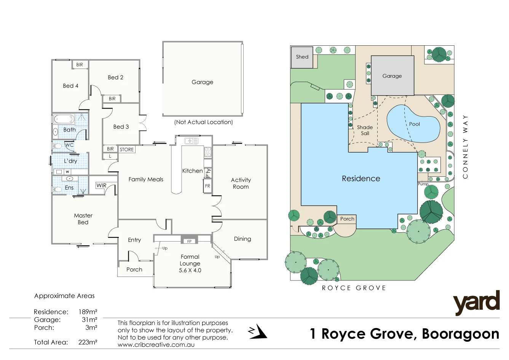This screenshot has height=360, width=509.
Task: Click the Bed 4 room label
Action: pyautogui.click(x=70, y=86)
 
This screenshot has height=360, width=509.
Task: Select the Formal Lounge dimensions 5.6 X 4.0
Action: pyautogui.click(x=190, y=270)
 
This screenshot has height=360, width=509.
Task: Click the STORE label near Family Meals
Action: pyautogui.click(x=127, y=149)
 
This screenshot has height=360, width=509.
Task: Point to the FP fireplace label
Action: pyautogui.click(x=189, y=242)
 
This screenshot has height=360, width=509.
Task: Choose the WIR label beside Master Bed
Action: pyautogui.click(x=101, y=186)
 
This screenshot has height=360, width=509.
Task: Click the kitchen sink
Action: pyautogui.click(x=191, y=141)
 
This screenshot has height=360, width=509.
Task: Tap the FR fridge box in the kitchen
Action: pyautogui.click(x=207, y=186)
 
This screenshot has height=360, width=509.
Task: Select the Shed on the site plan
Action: pyautogui.click(x=302, y=57)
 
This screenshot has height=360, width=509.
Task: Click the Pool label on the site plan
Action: pyautogui.click(x=415, y=124)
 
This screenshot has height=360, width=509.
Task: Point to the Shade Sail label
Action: pyautogui.click(x=365, y=130)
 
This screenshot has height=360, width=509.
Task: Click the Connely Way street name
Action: pyautogui.click(x=465, y=147)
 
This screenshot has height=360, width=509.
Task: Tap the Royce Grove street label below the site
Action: pyautogui.click(x=354, y=288)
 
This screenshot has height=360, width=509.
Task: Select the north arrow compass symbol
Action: pyautogui.click(x=258, y=332)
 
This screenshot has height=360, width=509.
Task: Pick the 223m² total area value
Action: pyautogui.click(x=88, y=342)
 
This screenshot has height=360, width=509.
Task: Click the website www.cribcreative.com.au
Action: pyautogui.click(x=156, y=345)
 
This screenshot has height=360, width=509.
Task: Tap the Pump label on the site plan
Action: pyautogui.click(x=423, y=184)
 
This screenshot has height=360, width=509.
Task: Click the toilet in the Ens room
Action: pyautogui.click(x=57, y=189)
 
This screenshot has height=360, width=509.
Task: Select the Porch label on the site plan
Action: pyautogui.click(x=347, y=219)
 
